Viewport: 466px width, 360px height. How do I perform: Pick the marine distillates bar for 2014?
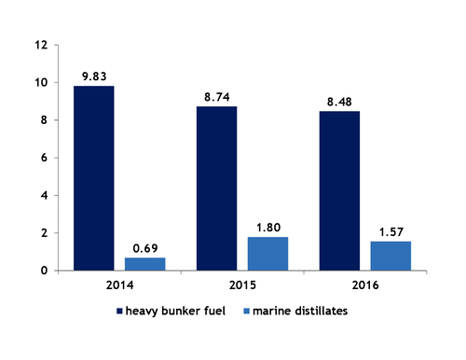144,264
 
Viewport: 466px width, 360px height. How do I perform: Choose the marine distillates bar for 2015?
267,254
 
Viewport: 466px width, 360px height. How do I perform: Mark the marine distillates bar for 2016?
391,256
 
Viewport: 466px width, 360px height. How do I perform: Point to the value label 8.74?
216,98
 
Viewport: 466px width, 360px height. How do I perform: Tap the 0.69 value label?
144,249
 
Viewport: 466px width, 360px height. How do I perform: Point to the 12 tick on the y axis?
39,45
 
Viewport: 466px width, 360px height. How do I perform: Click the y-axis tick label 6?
43,158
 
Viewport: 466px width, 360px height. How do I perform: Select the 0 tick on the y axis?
43,270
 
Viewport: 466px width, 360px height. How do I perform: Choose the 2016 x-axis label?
365,284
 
